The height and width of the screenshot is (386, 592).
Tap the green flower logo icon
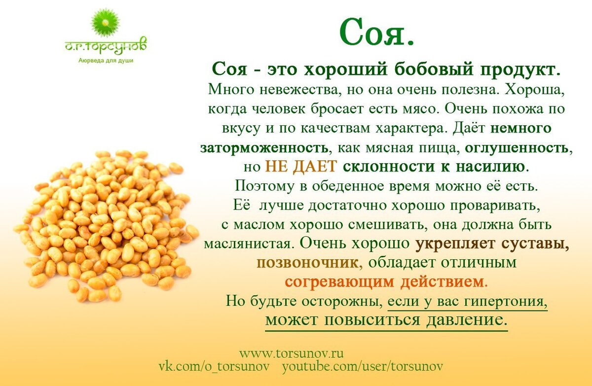106,24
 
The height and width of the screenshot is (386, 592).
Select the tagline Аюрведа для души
106,61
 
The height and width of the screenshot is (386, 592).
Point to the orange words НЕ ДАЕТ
301,167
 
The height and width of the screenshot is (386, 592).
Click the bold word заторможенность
265,148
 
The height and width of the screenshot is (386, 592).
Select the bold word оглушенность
517,148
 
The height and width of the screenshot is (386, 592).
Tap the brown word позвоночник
308,263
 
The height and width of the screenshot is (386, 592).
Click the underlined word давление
467,320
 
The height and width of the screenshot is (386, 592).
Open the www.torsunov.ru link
291,353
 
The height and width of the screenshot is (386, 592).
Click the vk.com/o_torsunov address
214,367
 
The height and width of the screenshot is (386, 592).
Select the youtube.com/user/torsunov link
363,367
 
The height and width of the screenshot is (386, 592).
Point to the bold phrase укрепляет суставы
492,244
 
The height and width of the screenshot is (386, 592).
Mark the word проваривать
494,206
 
